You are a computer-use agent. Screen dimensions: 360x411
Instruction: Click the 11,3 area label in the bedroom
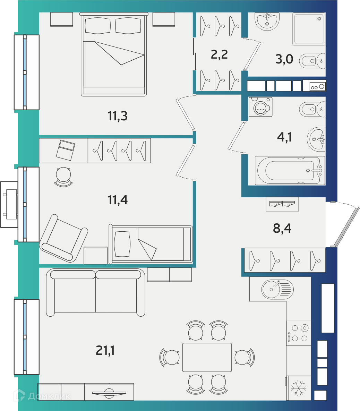(118, 116)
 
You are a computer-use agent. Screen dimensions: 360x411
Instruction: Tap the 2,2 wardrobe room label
(219, 54)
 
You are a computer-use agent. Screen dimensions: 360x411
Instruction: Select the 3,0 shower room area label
(284, 59)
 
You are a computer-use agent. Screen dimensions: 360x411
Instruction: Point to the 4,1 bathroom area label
(284, 137)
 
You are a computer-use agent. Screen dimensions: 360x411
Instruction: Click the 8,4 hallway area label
(282, 228)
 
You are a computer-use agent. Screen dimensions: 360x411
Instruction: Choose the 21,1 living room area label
(105, 350)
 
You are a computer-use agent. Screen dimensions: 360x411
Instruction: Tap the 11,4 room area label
(118, 200)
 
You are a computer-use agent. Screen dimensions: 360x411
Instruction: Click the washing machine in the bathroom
(260, 107)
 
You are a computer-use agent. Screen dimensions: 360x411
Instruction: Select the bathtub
(290, 171)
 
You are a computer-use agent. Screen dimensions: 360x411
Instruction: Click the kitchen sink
(277, 289)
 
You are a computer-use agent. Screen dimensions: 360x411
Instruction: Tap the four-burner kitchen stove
(299, 333)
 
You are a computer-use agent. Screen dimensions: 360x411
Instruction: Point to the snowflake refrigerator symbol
(299, 388)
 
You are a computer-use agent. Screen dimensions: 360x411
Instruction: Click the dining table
(207, 357)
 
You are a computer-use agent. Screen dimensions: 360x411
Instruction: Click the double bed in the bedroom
(114, 54)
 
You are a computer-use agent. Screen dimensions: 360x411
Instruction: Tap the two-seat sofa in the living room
(95, 292)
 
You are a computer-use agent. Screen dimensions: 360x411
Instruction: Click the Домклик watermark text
(49, 396)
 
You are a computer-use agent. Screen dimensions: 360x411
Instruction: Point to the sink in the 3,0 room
(267, 22)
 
